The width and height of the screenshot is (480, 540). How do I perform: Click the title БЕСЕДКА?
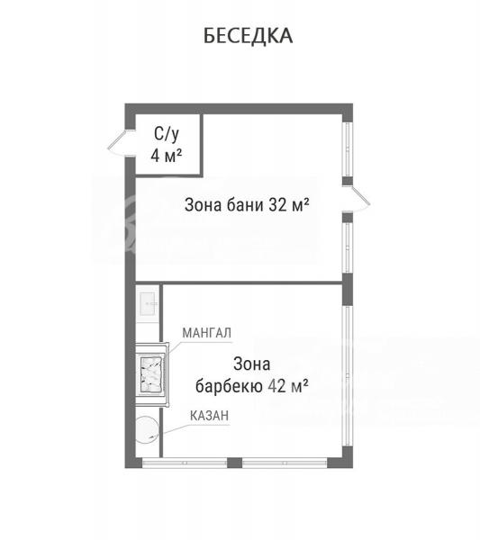(248, 35)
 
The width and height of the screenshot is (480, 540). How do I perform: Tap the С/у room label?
(167, 134)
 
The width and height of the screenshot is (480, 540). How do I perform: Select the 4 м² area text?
(167, 156)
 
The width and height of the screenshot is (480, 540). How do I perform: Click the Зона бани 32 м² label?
(247, 205)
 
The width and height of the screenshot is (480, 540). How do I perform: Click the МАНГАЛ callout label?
(207, 333)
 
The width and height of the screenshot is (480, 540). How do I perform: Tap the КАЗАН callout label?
(210, 416)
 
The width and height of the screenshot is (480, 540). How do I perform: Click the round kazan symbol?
(147, 430)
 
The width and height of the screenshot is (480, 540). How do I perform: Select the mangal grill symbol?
(151, 374)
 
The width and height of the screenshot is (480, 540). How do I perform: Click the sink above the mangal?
(149, 304)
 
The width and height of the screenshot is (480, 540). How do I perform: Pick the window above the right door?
(348, 149)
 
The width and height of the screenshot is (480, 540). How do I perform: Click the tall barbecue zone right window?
(348, 375)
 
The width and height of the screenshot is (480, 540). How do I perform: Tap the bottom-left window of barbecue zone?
(185, 463)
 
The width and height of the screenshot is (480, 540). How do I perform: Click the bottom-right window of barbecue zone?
(285, 463)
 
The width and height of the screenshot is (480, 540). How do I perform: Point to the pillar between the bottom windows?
(235, 463)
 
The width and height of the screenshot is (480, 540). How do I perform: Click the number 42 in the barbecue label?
(277, 386)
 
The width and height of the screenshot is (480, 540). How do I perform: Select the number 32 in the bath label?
(277, 205)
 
